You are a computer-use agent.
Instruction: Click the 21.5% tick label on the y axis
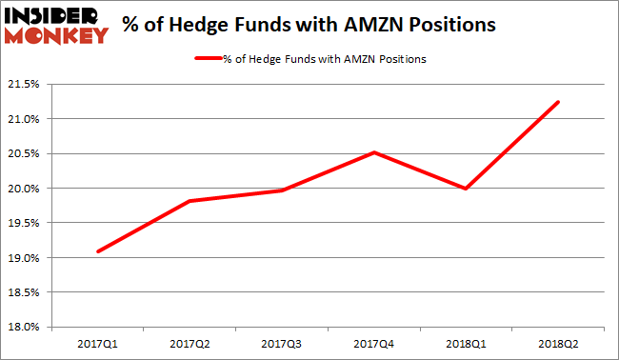pos(26,84)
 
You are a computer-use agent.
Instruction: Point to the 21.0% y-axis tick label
pos(26,119)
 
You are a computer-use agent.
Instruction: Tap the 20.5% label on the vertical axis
pos(26,153)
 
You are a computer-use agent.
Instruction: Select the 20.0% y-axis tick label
pos(26,189)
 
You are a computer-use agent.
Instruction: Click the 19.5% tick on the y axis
pos(26,223)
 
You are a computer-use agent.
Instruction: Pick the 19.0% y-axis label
pos(26,258)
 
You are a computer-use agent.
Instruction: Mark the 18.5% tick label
pos(26,292)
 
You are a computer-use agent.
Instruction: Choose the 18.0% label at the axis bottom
pos(26,328)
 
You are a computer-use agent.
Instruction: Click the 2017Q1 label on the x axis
pos(97,342)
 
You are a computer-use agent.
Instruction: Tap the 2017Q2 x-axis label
pos(189,342)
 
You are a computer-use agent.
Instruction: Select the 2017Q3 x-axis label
pos(283,342)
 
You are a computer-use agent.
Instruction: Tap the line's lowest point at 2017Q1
pos(97,251)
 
